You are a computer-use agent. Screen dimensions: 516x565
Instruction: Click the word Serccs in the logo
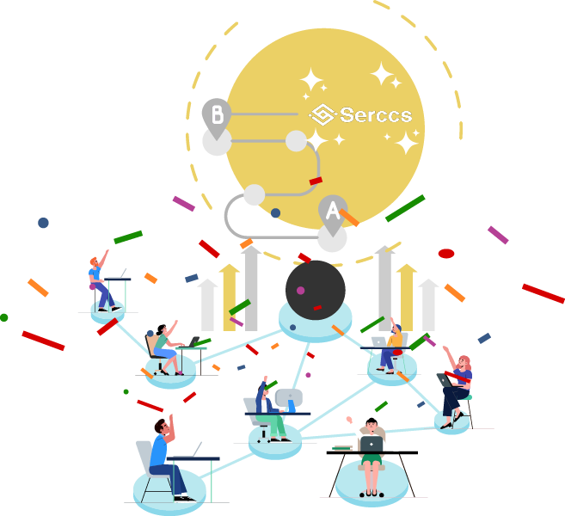(x=376, y=114)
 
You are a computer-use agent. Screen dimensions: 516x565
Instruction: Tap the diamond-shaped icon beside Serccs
(x=322, y=114)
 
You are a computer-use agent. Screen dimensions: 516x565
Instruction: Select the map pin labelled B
(x=217, y=115)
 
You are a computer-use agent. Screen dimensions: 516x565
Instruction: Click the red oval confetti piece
(x=446, y=254)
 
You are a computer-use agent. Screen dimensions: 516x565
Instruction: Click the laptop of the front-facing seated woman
(x=372, y=444)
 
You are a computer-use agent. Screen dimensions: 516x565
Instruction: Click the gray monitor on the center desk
(x=289, y=397)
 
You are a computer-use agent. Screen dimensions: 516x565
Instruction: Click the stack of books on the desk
(x=341, y=448)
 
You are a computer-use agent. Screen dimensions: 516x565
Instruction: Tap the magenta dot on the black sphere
(x=300, y=291)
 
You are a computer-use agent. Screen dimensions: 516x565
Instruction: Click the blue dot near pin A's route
(x=275, y=212)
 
